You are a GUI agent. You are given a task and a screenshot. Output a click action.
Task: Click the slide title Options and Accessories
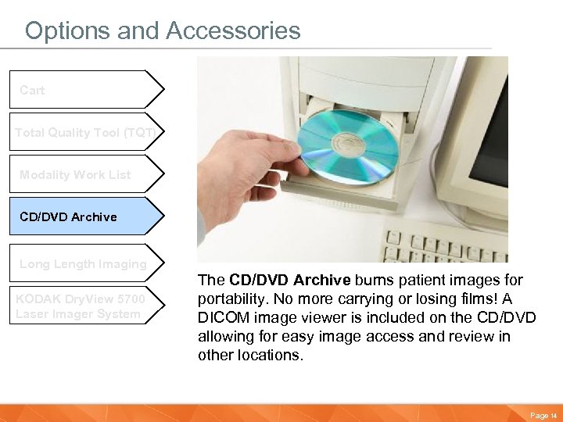[x=163, y=30]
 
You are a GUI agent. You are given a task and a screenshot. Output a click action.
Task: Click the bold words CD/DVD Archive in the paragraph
[x=290, y=280]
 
